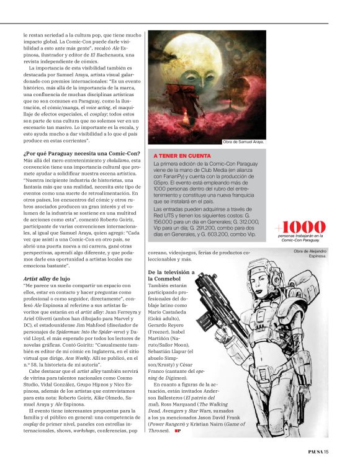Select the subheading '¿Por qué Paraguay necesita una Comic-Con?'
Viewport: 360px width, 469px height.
point(82,153)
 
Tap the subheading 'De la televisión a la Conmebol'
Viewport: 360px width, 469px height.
point(171,275)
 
